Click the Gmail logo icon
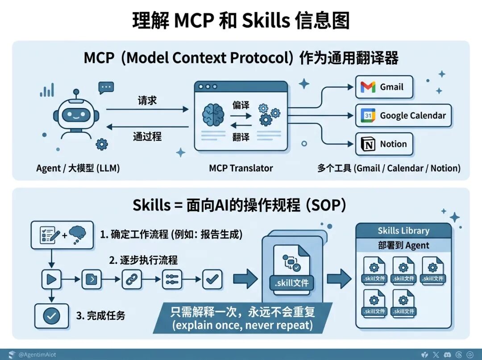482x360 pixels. coord(368,87)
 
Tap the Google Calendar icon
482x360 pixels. coord(368,116)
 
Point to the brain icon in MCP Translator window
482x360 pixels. coord(213,114)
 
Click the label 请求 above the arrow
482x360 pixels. coord(147,100)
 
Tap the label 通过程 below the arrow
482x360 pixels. coord(147,136)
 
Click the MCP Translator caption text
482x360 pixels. coord(241,168)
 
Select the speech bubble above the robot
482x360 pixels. coord(106,87)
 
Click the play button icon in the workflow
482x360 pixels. coord(52,280)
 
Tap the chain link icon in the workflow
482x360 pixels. coord(132,280)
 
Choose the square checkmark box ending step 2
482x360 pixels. coord(212,280)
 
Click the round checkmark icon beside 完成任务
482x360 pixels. coord(51,316)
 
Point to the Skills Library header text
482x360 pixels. coord(403,231)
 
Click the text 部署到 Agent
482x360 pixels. coord(403,245)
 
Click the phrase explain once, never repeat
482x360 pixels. coord(243,325)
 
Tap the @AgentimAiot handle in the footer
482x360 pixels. coord(37,355)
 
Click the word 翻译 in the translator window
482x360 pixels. coord(241,138)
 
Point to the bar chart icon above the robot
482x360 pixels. coord(46,91)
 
